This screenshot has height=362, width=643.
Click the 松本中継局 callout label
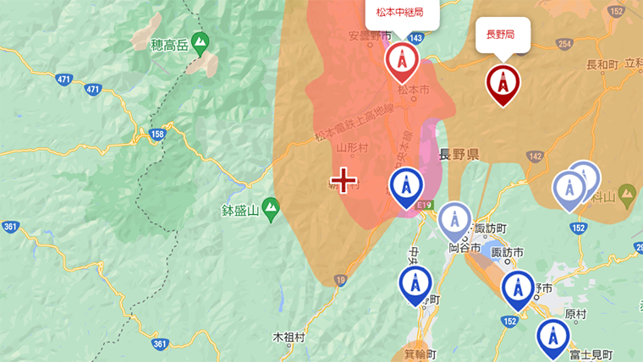click(394, 13)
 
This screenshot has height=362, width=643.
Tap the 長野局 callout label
click(501, 35)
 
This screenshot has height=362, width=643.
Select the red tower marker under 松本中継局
click(402, 61)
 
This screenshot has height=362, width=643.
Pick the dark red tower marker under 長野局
click(503, 83)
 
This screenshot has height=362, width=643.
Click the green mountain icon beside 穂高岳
click(200, 41)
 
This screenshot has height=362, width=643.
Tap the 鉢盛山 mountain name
click(239, 211)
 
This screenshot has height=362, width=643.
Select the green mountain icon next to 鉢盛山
click(271, 206)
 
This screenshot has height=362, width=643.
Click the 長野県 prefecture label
click(459, 155)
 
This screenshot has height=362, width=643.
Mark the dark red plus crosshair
click(343, 180)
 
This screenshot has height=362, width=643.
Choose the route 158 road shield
click(158, 134)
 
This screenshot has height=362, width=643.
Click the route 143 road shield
click(416, 38)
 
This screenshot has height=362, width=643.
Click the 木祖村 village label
click(289, 337)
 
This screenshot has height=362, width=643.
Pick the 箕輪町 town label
click(420, 354)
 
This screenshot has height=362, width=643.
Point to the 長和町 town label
click(604, 64)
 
